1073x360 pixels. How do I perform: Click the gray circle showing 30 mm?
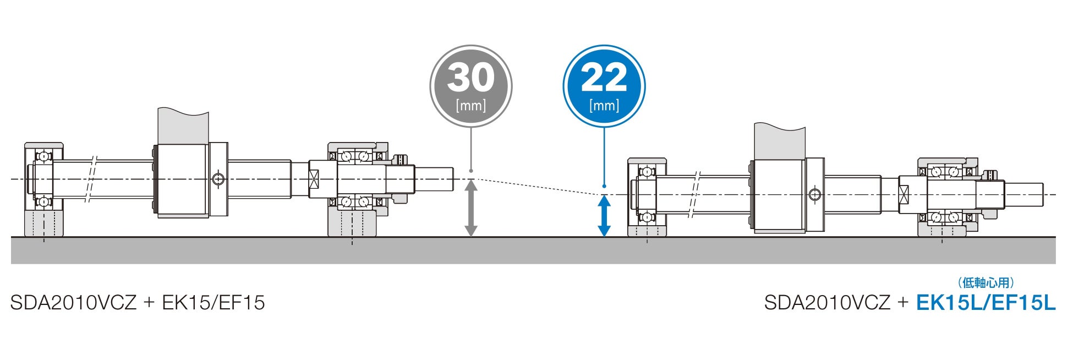point(470,86)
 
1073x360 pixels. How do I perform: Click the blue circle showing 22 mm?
point(604,86)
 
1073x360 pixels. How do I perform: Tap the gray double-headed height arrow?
point(470,208)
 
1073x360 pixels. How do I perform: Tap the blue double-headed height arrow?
point(604,216)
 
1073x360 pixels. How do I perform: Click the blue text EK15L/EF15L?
point(986,303)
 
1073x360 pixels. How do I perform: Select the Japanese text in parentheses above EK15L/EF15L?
point(985,282)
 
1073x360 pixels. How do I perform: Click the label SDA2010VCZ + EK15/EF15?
point(138,303)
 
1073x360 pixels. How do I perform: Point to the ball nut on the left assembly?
point(182,180)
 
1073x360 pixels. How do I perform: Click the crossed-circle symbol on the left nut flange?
point(218,179)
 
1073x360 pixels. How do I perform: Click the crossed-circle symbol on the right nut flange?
point(815,194)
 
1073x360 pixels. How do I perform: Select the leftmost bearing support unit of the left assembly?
point(43,190)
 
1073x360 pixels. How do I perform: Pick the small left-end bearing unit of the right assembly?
point(647,198)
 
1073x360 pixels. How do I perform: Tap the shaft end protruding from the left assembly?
point(435,179)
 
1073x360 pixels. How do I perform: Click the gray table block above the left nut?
point(183,125)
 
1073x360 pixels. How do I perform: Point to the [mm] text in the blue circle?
point(604,105)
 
